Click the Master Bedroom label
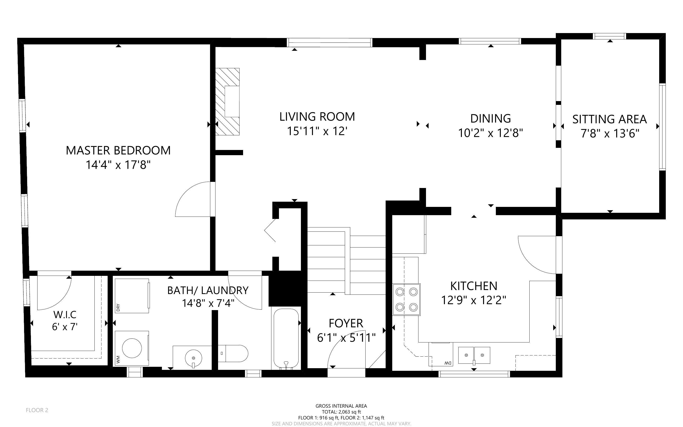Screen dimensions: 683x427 point(118,150)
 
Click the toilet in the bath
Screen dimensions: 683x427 point(233,353)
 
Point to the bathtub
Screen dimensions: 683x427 point(286,338)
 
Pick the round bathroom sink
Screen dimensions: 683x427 point(193,358)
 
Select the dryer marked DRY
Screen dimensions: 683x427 point(132,296)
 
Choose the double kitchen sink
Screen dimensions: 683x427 point(474,355)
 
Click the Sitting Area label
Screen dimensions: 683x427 point(610,119)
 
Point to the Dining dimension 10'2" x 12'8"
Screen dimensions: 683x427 point(491,133)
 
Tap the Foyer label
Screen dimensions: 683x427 point(346,323)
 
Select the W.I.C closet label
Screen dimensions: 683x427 point(65,315)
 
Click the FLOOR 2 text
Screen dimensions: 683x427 point(37,410)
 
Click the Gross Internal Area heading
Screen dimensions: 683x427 point(341,406)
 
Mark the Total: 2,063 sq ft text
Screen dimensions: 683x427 point(341,412)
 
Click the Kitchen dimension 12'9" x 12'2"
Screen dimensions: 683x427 point(474,300)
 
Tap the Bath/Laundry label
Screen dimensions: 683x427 point(208,290)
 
